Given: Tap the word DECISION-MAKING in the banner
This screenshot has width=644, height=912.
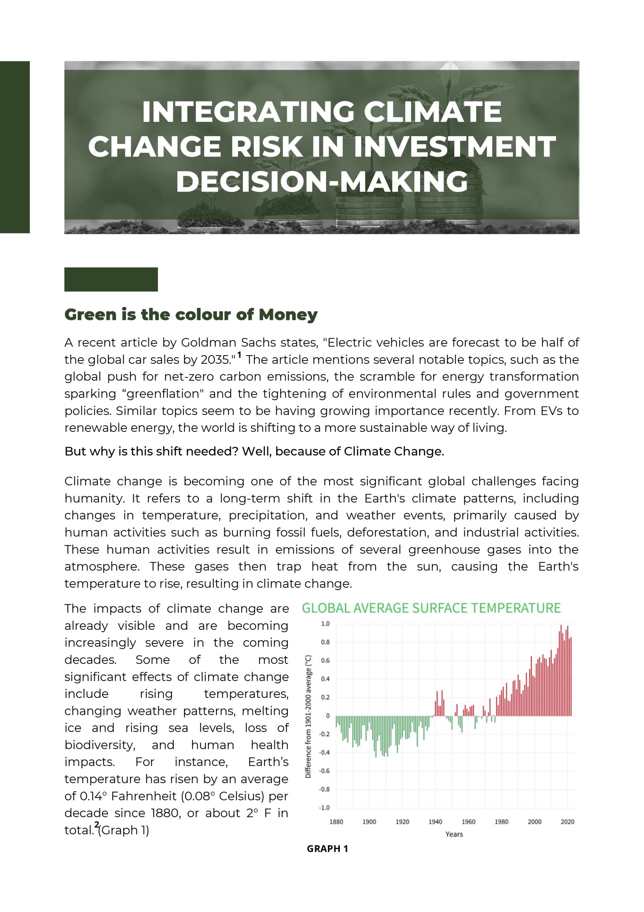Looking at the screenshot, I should [x=322, y=182].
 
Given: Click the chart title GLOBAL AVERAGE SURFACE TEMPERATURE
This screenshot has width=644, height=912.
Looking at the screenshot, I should [x=431, y=608].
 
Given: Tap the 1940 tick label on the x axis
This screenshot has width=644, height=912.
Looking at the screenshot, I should [x=435, y=822].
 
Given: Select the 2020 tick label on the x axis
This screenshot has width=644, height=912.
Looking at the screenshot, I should [x=567, y=822].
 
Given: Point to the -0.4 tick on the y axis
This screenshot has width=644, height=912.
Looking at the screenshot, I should [x=325, y=753].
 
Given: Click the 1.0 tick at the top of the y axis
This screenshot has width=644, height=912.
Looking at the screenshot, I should [x=325, y=624].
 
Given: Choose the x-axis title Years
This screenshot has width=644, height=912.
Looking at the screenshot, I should [x=454, y=834].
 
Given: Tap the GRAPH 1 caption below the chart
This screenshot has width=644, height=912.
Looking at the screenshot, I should [x=328, y=849].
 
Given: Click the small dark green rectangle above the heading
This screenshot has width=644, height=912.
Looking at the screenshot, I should [x=111, y=279].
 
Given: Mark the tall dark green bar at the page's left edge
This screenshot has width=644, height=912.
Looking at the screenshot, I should [x=15, y=147].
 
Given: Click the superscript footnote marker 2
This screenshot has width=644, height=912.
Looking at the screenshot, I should [x=97, y=824].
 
